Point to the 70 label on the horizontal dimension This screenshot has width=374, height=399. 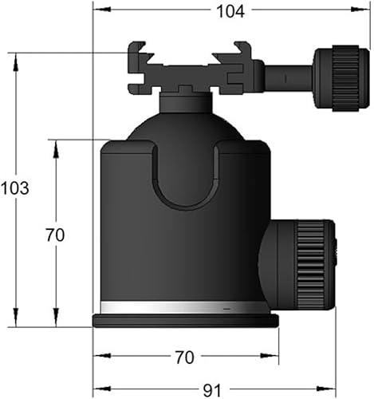tap(186, 357)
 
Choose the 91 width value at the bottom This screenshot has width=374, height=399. tap(211, 390)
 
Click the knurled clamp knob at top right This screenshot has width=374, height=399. tap(340, 77)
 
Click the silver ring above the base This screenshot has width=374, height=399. tap(185, 307)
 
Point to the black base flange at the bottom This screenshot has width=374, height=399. tap(186, 320)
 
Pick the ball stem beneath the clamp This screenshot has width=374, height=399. tap(186, 102)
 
